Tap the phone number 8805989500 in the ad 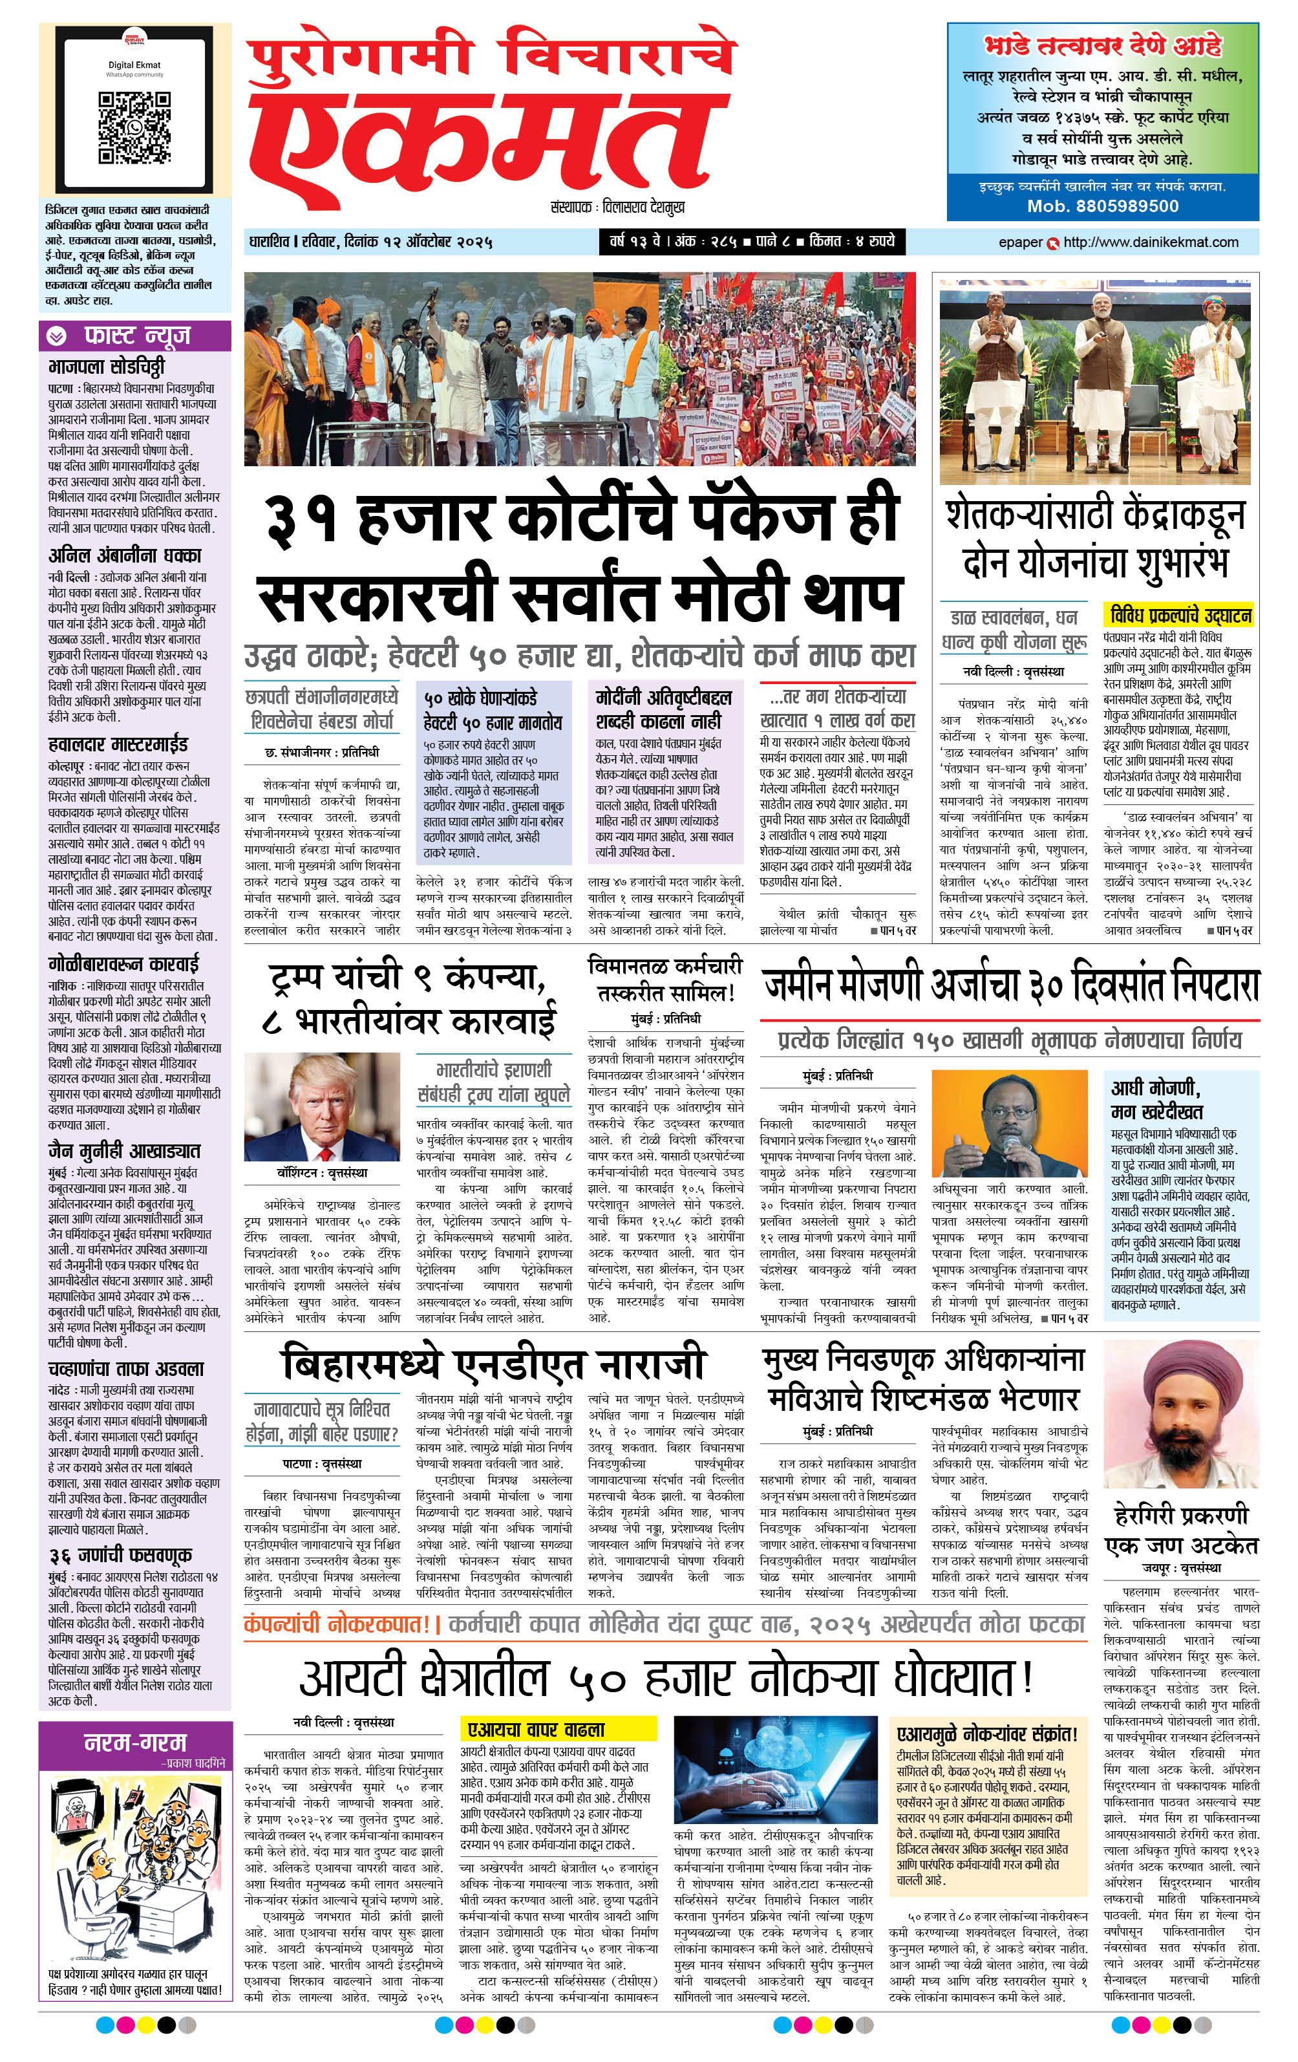(1103, 206)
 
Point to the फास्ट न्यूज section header (135, 336)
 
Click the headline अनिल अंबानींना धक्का (125, 555)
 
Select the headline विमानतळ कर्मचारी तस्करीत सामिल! (665, 980)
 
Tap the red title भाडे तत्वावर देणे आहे (1103, 45)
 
